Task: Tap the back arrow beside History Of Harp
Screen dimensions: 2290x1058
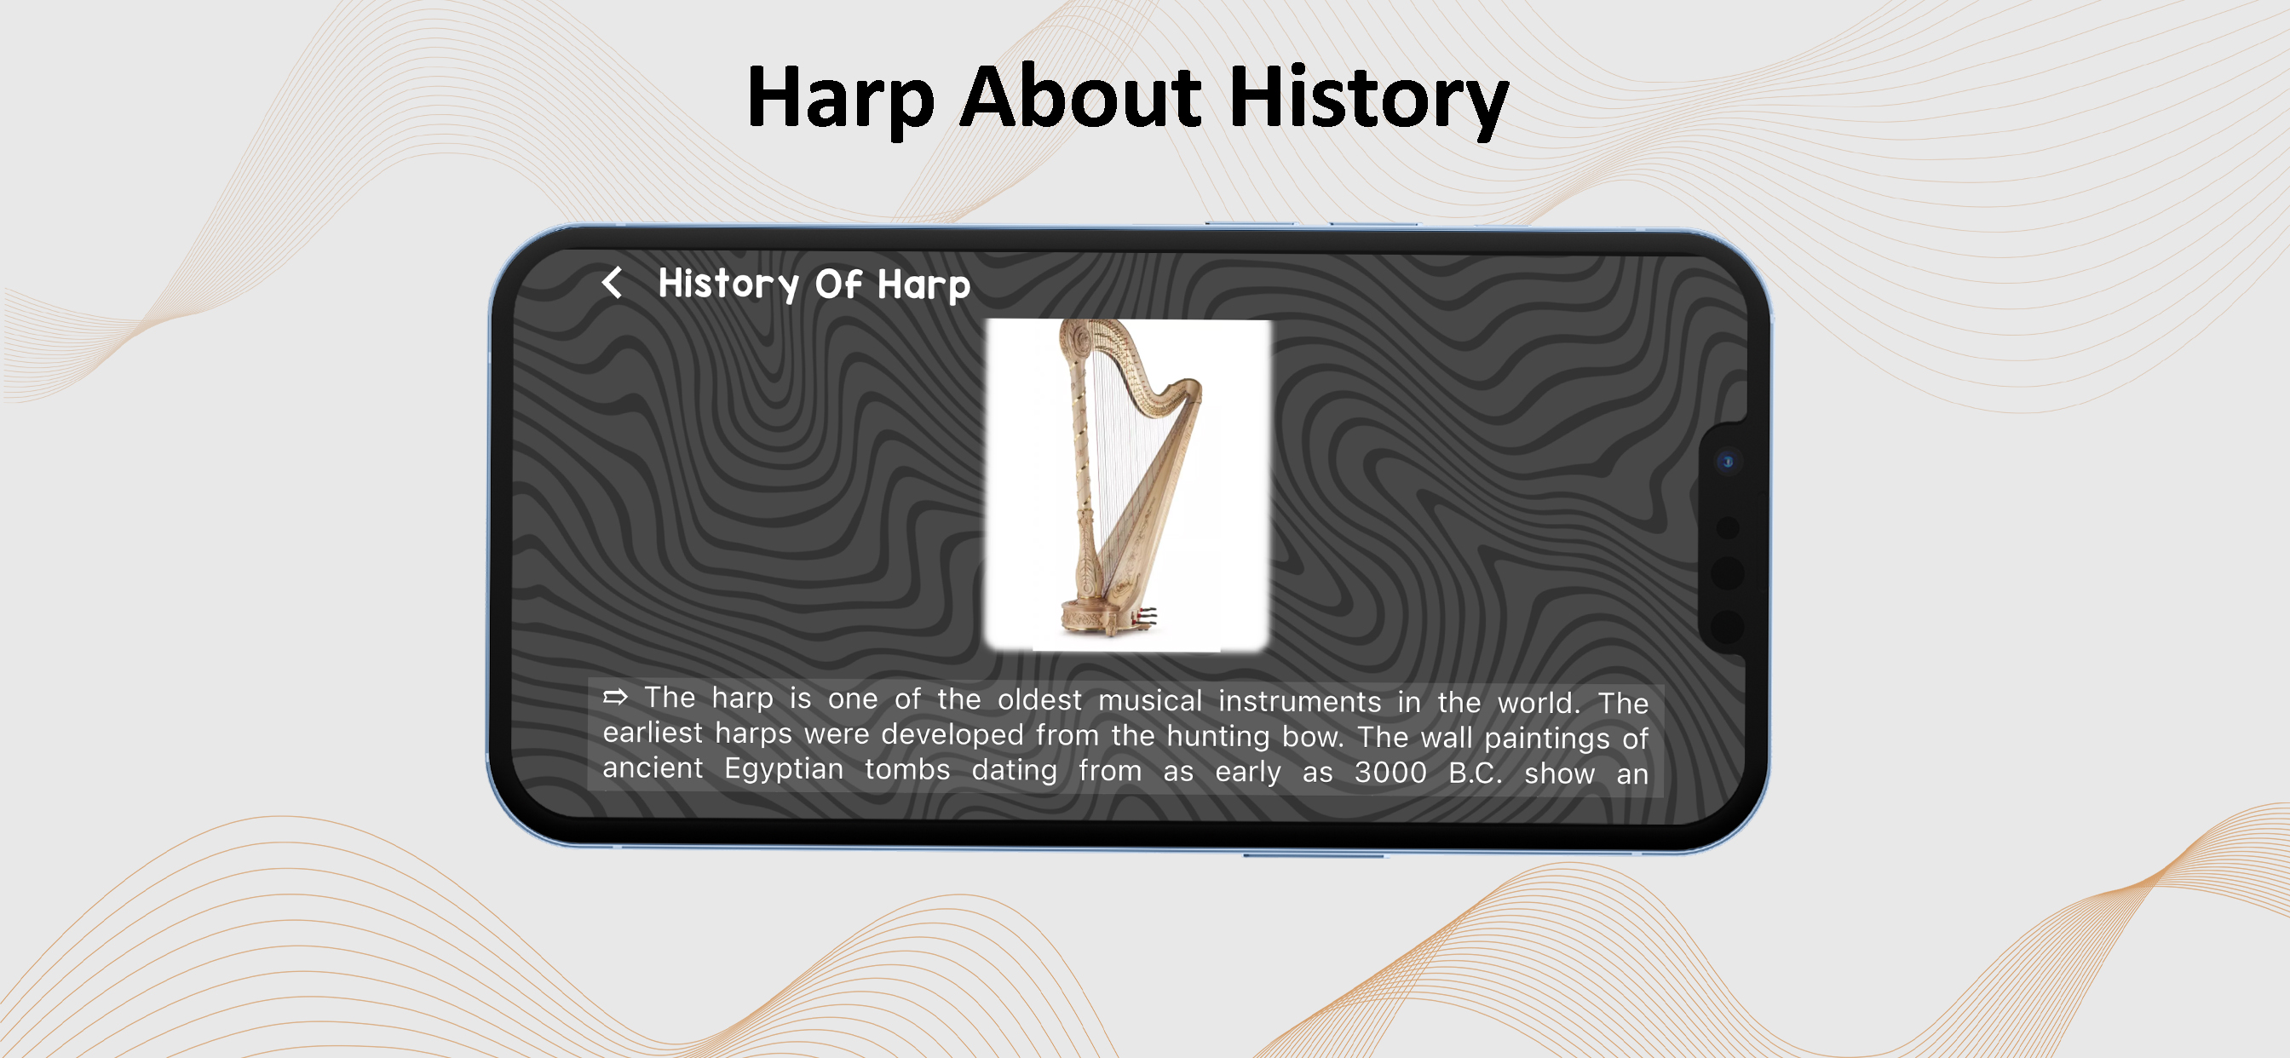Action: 612,283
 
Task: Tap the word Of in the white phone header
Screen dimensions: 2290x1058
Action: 838,284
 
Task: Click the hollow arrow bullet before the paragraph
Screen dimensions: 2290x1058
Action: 615,697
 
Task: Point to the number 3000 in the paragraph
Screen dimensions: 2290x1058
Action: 1390,772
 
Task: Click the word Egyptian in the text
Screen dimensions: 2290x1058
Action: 783,768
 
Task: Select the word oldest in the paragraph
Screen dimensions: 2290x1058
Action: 1039,699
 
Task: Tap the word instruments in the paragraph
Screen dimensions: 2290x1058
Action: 1300,701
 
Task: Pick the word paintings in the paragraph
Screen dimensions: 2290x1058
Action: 1547,739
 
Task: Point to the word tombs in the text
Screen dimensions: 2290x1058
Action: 906,769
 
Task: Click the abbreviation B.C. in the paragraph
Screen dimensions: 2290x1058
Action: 1475,773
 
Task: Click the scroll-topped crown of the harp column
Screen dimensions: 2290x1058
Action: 1077,339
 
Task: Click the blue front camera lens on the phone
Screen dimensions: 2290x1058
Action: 1727,462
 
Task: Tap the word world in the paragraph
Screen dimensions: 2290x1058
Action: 1538,704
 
